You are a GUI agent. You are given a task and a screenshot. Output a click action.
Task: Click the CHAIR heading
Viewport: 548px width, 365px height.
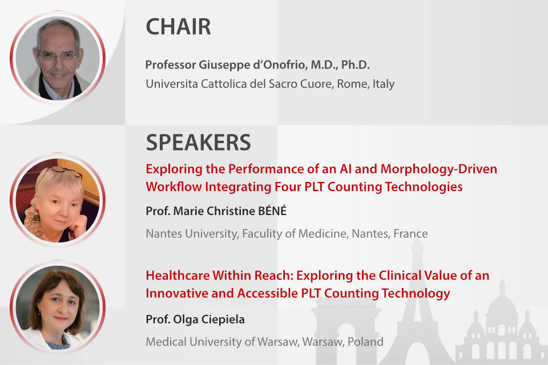[x=178, y=27]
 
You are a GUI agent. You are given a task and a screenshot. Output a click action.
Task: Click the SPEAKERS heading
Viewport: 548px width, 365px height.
[x=198, y=143]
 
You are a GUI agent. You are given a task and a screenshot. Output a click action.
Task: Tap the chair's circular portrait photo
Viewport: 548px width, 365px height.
[x=58, y=58]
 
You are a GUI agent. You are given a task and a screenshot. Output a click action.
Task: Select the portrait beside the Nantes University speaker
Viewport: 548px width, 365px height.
[x=58, y=200]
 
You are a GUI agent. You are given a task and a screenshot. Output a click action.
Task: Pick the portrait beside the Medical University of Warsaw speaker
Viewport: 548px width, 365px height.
[x=58, y=307]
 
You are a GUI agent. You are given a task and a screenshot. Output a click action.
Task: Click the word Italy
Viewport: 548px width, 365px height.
[x=384, y=84]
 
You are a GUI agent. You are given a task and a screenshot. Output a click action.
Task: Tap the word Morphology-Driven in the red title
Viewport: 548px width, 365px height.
[x=438, y=169]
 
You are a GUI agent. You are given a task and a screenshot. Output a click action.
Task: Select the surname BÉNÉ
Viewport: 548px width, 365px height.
[x=272, y=210]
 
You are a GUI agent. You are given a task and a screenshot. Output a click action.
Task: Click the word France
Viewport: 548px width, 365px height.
[x=410, y=234]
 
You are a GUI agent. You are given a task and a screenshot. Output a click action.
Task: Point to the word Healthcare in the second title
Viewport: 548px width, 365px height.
[x=178, y=275]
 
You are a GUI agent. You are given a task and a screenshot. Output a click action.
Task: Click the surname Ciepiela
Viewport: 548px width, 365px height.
[x=223, y=320]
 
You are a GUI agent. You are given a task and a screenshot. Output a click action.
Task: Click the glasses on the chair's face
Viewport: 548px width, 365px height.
[x=58, y=56]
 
